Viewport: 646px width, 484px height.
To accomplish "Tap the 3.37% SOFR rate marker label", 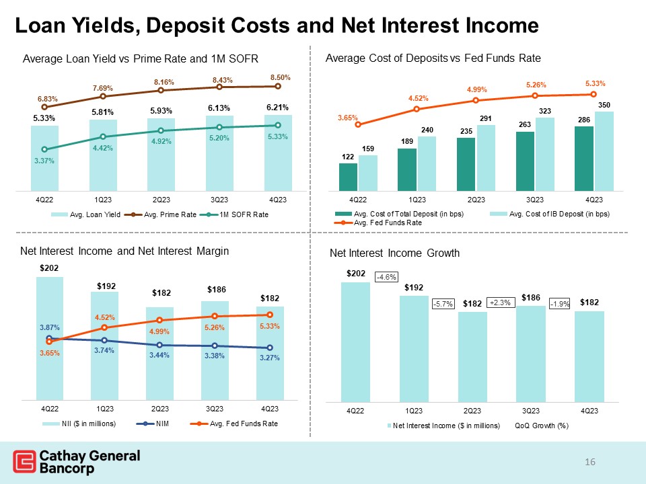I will tap(44, 161).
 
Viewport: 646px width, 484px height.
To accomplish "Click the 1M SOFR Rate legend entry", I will tap(243, 214).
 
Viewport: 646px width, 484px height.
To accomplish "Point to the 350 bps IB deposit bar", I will tap(604, 151).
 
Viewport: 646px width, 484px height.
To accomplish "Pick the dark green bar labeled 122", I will tap(348, 177).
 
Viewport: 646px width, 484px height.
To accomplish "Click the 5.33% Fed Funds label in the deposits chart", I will tap(595, 84).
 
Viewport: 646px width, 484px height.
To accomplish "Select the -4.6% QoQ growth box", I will tap(386, 276).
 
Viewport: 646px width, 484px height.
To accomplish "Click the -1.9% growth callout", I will tap(560, 304).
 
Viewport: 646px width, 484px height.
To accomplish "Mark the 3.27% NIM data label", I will tap(270, 358).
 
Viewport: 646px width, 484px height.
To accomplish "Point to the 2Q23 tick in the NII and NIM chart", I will tap(159, 408).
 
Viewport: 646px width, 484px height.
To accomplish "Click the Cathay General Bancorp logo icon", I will tap(25, 462).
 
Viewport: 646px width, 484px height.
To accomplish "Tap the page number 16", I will tap(591, 462).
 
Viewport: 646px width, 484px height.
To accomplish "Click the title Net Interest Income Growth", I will tap(394, 253).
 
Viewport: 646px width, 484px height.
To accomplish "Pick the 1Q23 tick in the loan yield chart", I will tap(102, 200).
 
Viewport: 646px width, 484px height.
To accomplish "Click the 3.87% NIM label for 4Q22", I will tap(49, 327).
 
